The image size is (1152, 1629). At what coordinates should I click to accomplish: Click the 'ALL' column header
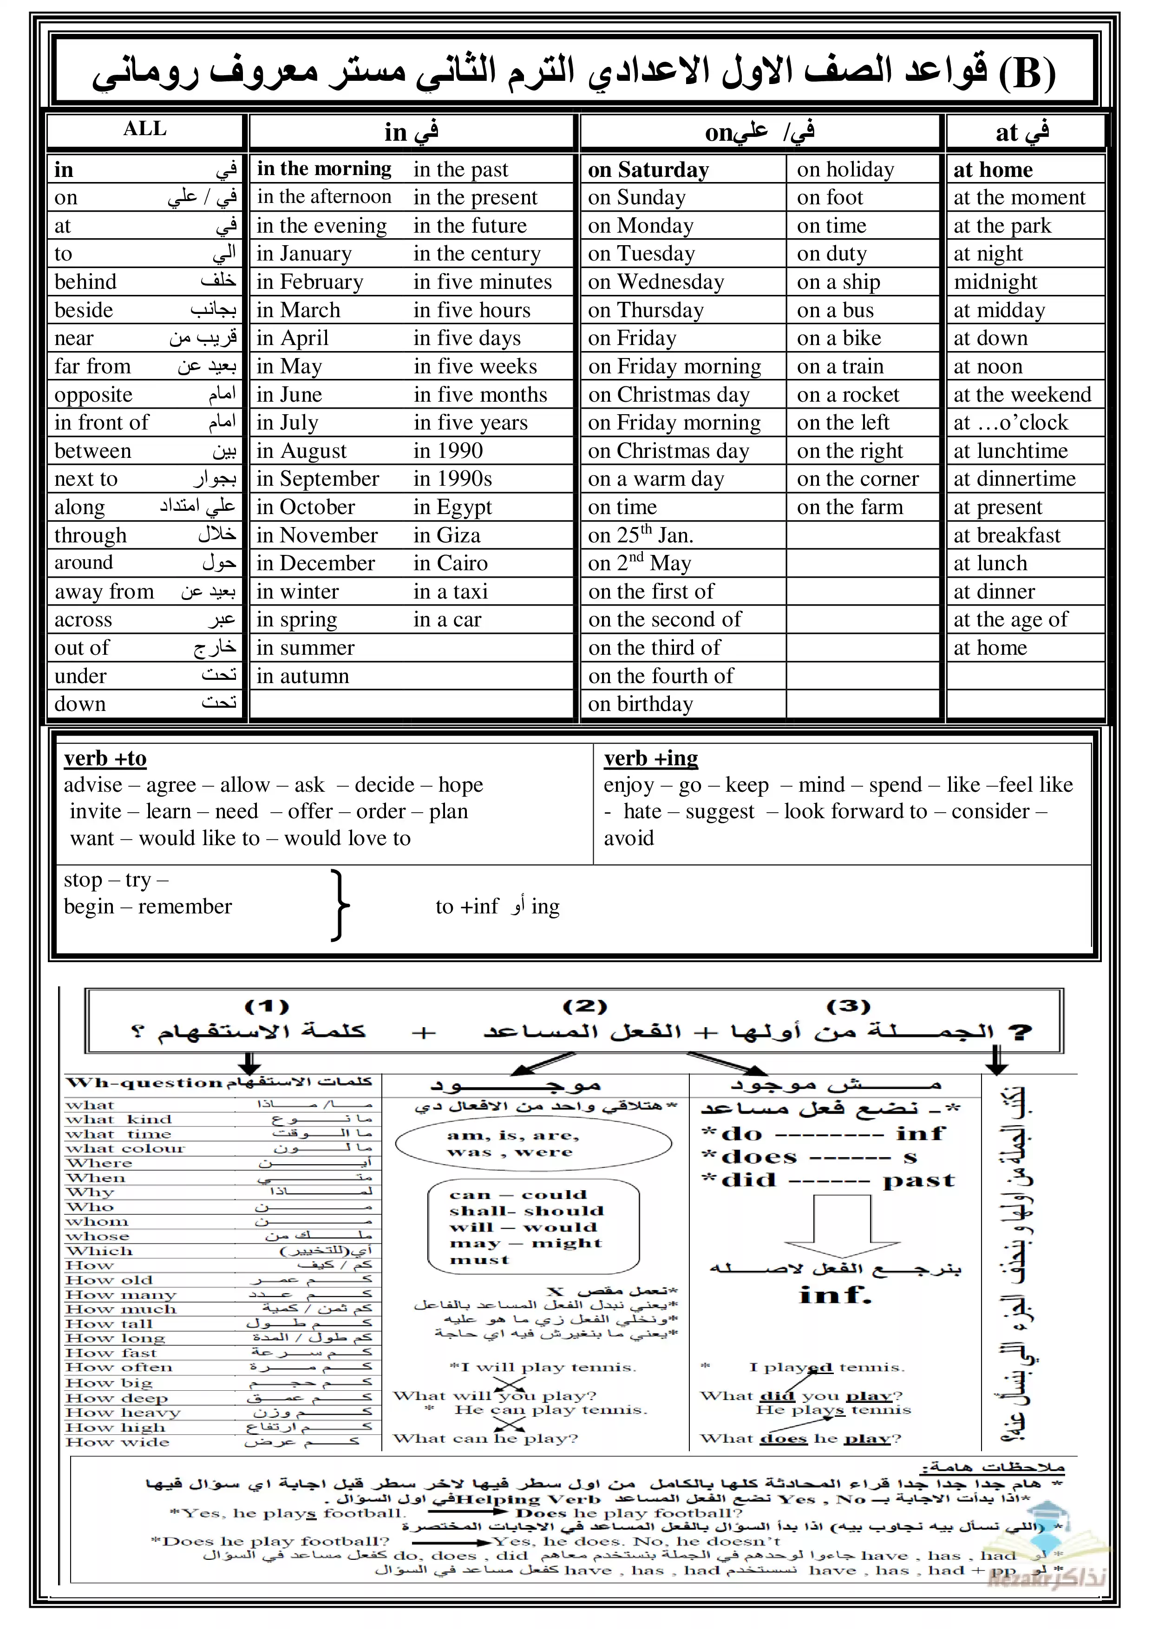pyautogui.click(x=145, y=129)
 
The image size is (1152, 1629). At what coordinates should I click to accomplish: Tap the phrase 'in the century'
pyautogui.click(x=477, y=254)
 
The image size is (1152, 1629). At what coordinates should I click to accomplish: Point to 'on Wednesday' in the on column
pyautogui.click(x=656, y=282)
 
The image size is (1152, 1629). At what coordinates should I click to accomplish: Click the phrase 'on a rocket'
pyautogui.click(x=847, y=394)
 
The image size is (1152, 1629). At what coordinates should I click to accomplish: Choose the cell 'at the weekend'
pyautogui.click(x=1022, y=394)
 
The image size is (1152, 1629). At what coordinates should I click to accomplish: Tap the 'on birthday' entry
pyautogui.click(x=640, y=704)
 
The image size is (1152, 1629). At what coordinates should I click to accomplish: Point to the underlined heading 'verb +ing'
pyautogui.click(x=651, y=758)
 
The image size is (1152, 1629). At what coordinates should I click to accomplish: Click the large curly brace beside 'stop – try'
pyautogui.click(x=340, y=906)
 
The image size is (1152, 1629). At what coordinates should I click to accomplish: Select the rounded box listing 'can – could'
pyautogui.click(x=533, y=1226)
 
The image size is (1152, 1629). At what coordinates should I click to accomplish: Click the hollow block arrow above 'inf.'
pyautogui.click(x=841, y=1228)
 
